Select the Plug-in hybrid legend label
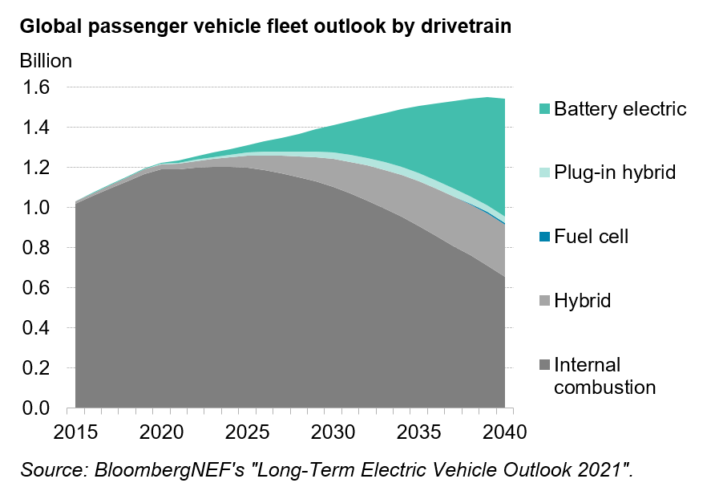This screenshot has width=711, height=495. click(x=613, y=172)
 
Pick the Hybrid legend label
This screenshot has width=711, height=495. click(x=583, y=301)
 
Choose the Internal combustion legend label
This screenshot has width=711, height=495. click(x=605, y=376)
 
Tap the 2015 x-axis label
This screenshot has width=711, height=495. click(x=75, y=432)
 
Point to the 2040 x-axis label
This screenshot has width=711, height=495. click(x=504, y=432)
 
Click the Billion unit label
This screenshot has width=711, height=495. click(x=46, y=60)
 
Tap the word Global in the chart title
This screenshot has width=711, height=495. click(x=50, y=26)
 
